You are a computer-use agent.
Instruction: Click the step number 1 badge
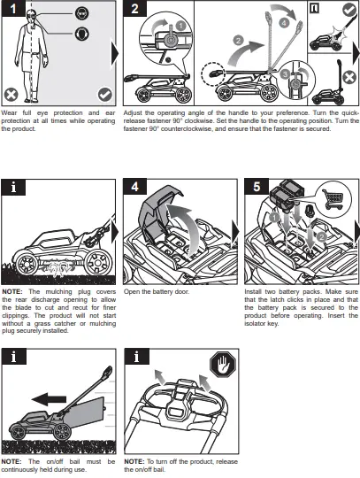coord(13,8)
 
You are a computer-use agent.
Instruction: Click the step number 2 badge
coord(135,8)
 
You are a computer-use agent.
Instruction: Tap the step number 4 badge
coord(135,187)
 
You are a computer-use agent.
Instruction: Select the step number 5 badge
coord(257,187)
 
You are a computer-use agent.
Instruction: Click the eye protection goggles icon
coord(82,13)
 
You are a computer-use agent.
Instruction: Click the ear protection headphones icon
coord(82,34)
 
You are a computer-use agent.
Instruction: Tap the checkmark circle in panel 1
coord(105,95)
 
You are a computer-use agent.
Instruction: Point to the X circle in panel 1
coord(11,95)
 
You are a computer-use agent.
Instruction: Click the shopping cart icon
coord(333,200)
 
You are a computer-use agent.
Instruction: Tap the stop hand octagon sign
coord(223,365)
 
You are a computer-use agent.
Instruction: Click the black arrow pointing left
coord(49,399)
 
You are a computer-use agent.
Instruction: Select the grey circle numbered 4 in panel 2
coord(284,22)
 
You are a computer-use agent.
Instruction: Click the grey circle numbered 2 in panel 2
coord(238,41)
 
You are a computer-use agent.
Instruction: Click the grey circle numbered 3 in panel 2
coord(286,74)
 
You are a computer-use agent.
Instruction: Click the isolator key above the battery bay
coord(310,211)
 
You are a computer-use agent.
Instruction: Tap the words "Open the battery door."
coord(157,292)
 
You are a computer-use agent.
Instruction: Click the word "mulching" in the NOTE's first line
coord(58,292)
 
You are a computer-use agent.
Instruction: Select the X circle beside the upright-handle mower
coord(349,77)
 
